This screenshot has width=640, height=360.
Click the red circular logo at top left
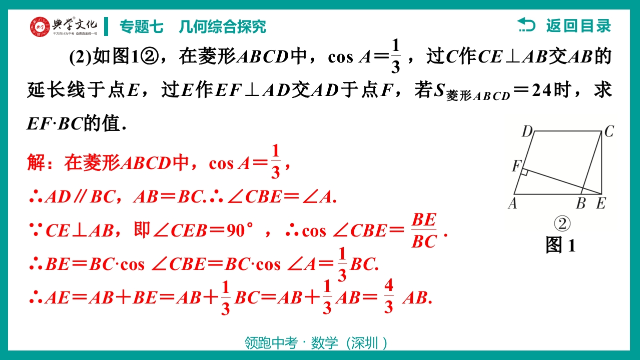pos(40,27)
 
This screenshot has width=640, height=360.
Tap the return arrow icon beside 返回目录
pos(526,25)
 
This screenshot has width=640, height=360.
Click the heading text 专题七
pos(142,27)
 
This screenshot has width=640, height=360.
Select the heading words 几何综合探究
pos(222,27)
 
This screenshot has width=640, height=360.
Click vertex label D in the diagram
pos(527,131)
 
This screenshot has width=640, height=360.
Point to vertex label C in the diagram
pos(609,131)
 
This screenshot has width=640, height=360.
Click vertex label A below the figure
pos(512,203)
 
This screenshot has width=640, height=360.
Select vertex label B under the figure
pos(581,203)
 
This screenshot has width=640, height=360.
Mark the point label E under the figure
pos(601,203)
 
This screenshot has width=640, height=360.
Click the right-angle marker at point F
pos(524,172)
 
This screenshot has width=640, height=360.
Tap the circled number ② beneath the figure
pos(562,224)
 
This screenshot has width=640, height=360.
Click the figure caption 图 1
pos(560,245)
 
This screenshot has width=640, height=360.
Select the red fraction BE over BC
pos(424,230)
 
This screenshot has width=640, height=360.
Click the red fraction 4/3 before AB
pos(389,296)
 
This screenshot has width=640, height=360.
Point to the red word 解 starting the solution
pos(36,162)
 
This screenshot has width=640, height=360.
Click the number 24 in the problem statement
pos(541,90)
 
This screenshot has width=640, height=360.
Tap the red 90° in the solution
pos(240,230)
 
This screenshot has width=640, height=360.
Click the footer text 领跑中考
pos(271,343)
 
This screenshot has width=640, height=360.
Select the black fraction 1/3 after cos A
pos(395,56)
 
